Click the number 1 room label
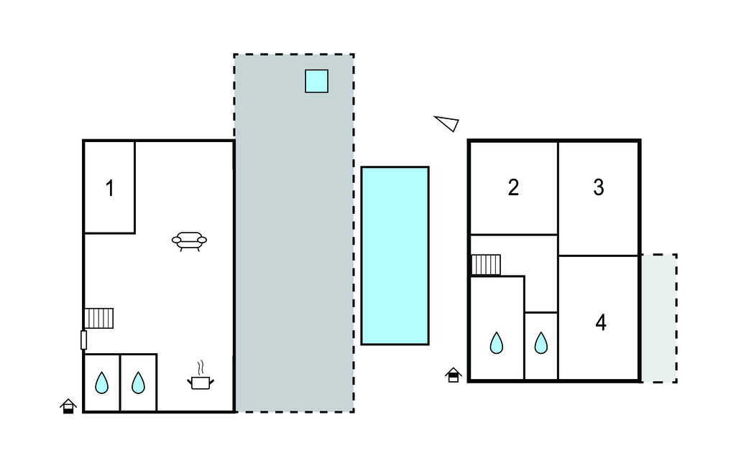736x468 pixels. click(110, 189)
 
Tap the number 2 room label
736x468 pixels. click(513, 187)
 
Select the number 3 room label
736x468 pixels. click(599, 187)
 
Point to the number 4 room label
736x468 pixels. click(601, 323)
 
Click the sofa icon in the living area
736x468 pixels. click(189, 241)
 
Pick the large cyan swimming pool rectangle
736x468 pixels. click(395, 256)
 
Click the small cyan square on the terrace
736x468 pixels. click(316, 81)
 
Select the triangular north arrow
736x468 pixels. click(448, 123)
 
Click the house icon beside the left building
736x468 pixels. click(68, 406)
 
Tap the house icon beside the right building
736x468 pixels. click(453, 375)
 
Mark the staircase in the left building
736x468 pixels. click(99, 318)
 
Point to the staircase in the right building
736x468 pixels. click(486, 265)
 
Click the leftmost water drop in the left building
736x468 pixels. click(102, 383)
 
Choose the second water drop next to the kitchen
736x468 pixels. click(138, 383)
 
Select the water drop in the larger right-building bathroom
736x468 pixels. click(497, 343)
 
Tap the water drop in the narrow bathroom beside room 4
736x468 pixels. click(541, 344)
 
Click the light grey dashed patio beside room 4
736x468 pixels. click(658, 318)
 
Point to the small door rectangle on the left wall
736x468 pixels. click(83, 340)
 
